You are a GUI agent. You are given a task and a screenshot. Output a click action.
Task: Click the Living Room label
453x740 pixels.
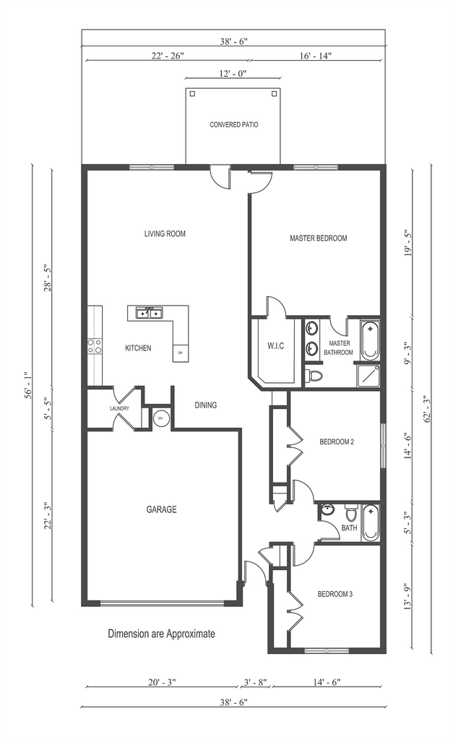165,233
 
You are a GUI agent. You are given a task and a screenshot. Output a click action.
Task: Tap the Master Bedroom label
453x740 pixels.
318,238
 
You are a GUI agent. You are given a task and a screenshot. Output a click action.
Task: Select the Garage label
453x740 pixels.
161,509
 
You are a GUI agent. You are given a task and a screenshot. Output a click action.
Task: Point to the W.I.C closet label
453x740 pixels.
275,346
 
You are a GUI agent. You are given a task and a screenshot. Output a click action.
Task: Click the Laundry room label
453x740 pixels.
119,408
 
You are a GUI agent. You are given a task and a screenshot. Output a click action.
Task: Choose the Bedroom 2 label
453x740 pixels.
337,442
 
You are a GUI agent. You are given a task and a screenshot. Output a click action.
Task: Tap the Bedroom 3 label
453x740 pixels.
335,594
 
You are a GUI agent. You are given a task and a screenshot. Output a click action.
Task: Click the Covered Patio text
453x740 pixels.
234,124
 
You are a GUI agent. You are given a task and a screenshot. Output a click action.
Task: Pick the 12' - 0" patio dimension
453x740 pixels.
233,73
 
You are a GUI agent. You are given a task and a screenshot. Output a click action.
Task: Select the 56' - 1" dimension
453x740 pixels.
28,385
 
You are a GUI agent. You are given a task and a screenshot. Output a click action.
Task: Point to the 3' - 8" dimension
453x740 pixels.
255,682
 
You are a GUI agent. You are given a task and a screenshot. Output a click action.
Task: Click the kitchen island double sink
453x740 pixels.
150,312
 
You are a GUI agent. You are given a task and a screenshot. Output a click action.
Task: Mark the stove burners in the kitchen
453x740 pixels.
95,346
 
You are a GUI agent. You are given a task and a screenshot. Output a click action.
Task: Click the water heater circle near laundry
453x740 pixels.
160,418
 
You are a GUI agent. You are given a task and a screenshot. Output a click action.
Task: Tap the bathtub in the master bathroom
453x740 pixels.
370,340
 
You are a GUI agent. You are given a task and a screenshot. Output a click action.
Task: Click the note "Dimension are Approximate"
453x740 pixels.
161,633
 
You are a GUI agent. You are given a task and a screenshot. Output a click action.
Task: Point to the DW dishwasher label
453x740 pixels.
180,353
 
